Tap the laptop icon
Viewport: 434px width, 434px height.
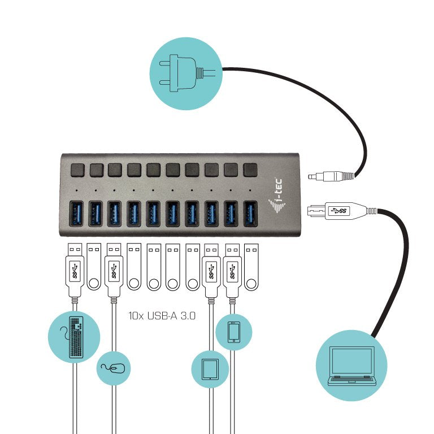tap(351, 366)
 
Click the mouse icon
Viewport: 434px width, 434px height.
tap(113, 368)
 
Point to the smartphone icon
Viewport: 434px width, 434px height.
tap(233, 332)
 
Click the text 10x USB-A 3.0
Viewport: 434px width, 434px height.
tap(162, 316)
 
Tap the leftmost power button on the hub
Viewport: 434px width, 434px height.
tap(76, 169)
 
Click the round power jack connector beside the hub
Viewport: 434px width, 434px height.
tap(331, 177)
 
